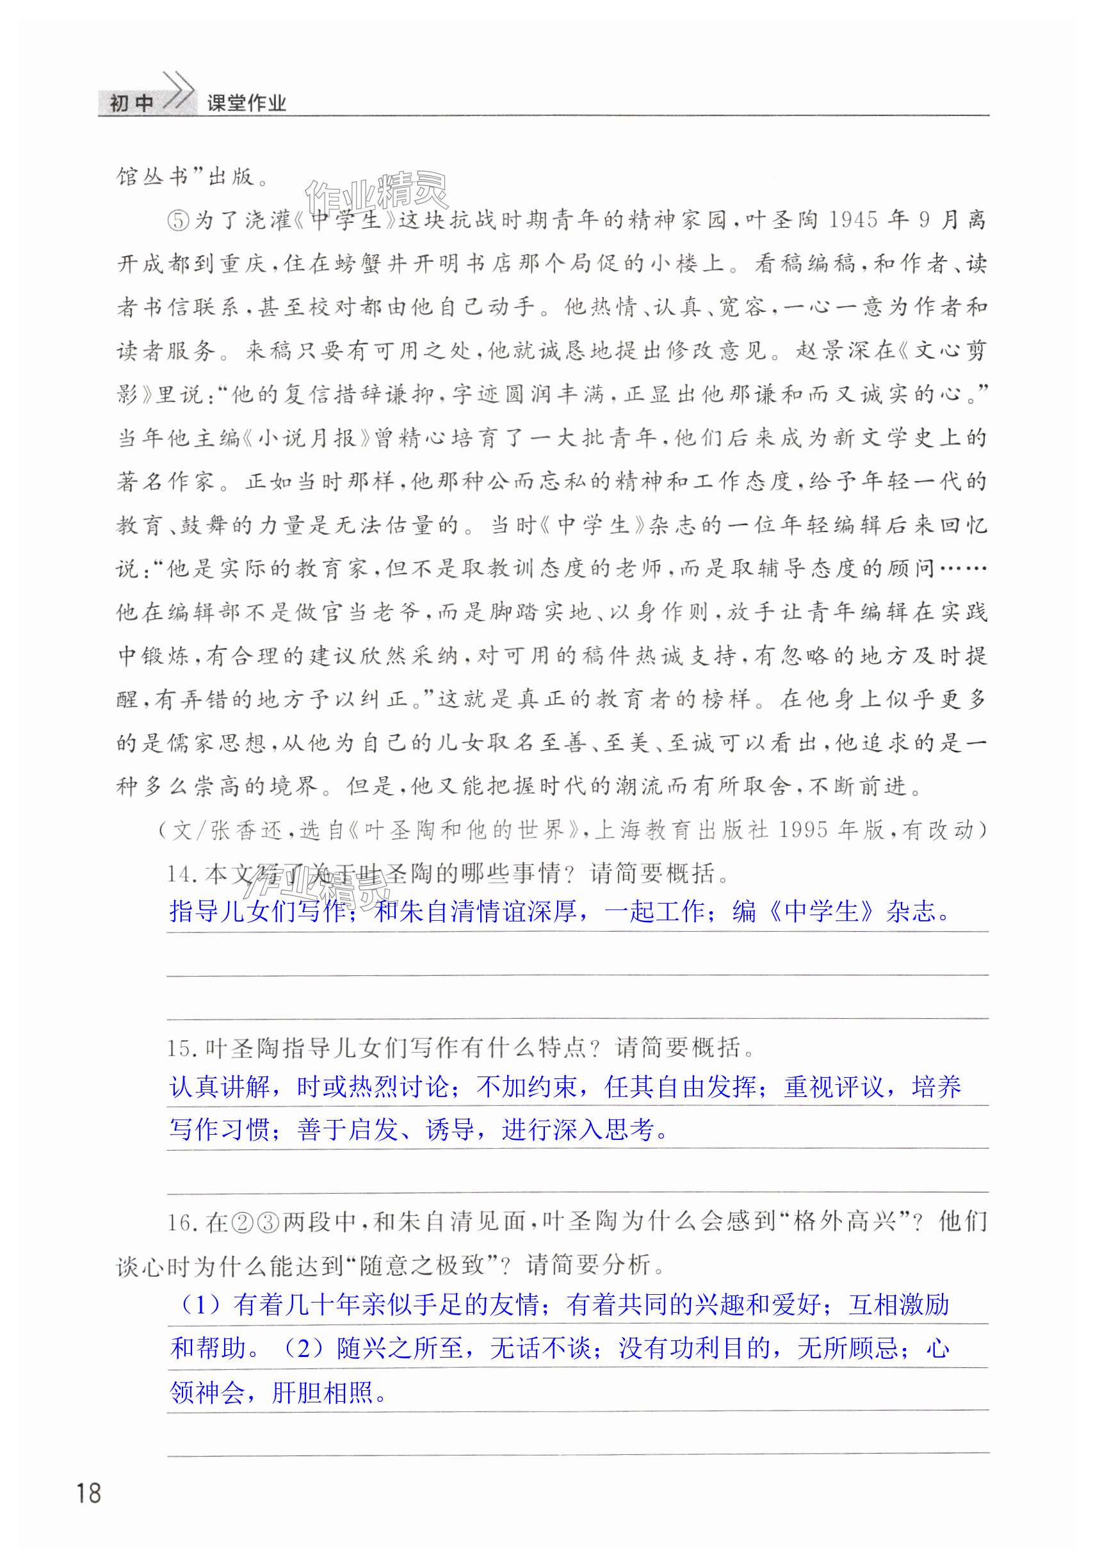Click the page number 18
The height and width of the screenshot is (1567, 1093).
tap(89, 1493)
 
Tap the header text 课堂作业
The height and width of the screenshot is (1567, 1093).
tap(247, 103)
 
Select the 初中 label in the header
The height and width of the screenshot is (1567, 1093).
tap(132, 103)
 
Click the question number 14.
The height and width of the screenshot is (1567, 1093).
tap(181, 873)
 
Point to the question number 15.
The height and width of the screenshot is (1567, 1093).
tap(181, 1048)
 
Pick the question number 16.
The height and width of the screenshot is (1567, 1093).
tap(181, 1221)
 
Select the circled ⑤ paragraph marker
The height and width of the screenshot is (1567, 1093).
tap(178, 220)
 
